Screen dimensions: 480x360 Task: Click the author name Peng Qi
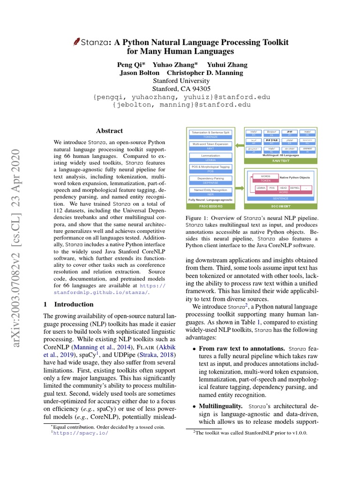[131, 65]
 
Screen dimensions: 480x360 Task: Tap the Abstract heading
[109, 131]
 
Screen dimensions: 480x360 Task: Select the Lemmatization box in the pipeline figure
[210, 157]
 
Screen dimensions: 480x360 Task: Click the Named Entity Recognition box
[210, 191]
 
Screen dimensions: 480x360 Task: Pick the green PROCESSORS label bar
[210, 206]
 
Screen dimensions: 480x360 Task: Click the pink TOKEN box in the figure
[266, 180]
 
